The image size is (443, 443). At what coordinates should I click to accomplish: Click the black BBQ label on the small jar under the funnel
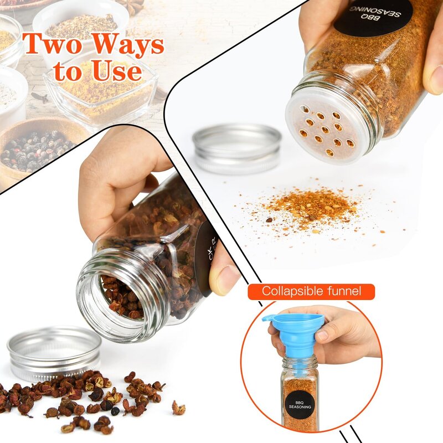[301, 403]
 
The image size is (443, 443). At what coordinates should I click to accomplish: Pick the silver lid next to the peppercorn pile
[54, 352]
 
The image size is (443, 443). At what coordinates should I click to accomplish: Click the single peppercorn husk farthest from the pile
[178, 409]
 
